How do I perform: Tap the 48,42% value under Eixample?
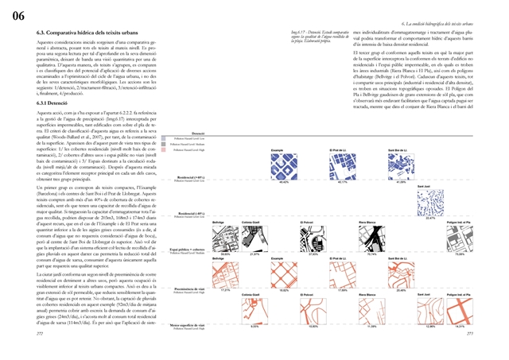(x=281, y=181)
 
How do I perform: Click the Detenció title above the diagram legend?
(x=199, y=134)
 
